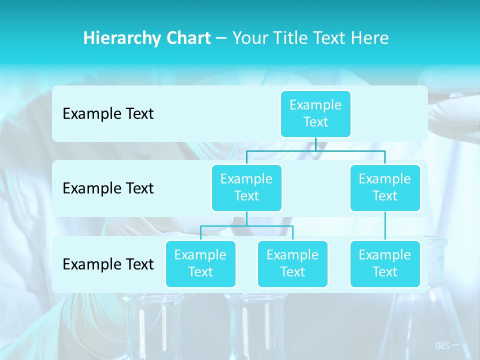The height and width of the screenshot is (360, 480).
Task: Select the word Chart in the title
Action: pos(187,38)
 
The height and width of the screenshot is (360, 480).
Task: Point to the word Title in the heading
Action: pos(291,38)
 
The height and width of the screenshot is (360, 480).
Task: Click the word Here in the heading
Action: pos(369,38)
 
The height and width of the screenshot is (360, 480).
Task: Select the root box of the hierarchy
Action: pos(315,113)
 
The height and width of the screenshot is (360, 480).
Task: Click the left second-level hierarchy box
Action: pos(246,187)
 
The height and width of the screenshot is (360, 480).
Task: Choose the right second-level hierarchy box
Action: pos(385,187)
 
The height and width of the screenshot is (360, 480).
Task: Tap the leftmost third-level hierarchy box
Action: pos(200,263)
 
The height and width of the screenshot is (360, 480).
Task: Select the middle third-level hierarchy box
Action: pos(292,263)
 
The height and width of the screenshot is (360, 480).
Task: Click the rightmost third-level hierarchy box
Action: pos(385,263)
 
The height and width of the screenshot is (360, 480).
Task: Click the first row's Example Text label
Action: pos(108,114)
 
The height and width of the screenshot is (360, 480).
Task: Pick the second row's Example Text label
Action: pos(108,188)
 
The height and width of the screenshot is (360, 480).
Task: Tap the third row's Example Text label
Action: pos(108,264)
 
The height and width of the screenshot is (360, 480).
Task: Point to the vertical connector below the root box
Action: pos(315,144)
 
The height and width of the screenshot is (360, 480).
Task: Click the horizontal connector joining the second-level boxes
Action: pos(350,150)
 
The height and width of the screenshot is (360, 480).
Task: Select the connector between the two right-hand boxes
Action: pos(385,226)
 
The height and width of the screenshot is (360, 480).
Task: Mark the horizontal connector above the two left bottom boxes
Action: pos(246,226)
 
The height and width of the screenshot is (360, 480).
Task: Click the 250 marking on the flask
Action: pos(443,345)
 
